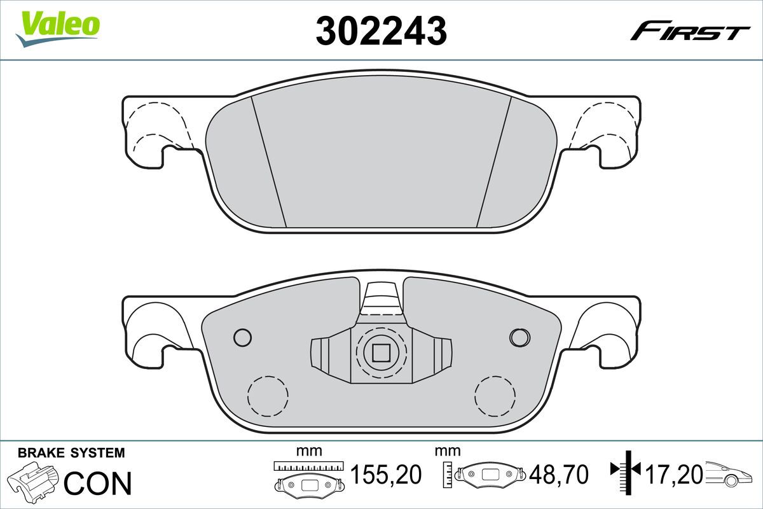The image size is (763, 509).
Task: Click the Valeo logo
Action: pyautogui.click(x=58, y=29)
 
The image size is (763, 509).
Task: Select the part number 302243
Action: pyautogui.click(x=381, y=31)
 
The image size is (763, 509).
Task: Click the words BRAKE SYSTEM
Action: pyautogui.click(x=71, y=453)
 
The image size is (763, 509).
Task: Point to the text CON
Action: pyautogui.click(x=98, y=483)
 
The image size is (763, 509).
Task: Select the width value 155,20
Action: pyautogui.click(x=386, y=475)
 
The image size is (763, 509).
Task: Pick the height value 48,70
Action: pyautogui.click(x=558, y=475)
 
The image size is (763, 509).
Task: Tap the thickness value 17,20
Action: pyautogui.click(x=674, y=475)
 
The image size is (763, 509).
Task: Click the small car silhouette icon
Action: pyautogui.click(x=728, y=475)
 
